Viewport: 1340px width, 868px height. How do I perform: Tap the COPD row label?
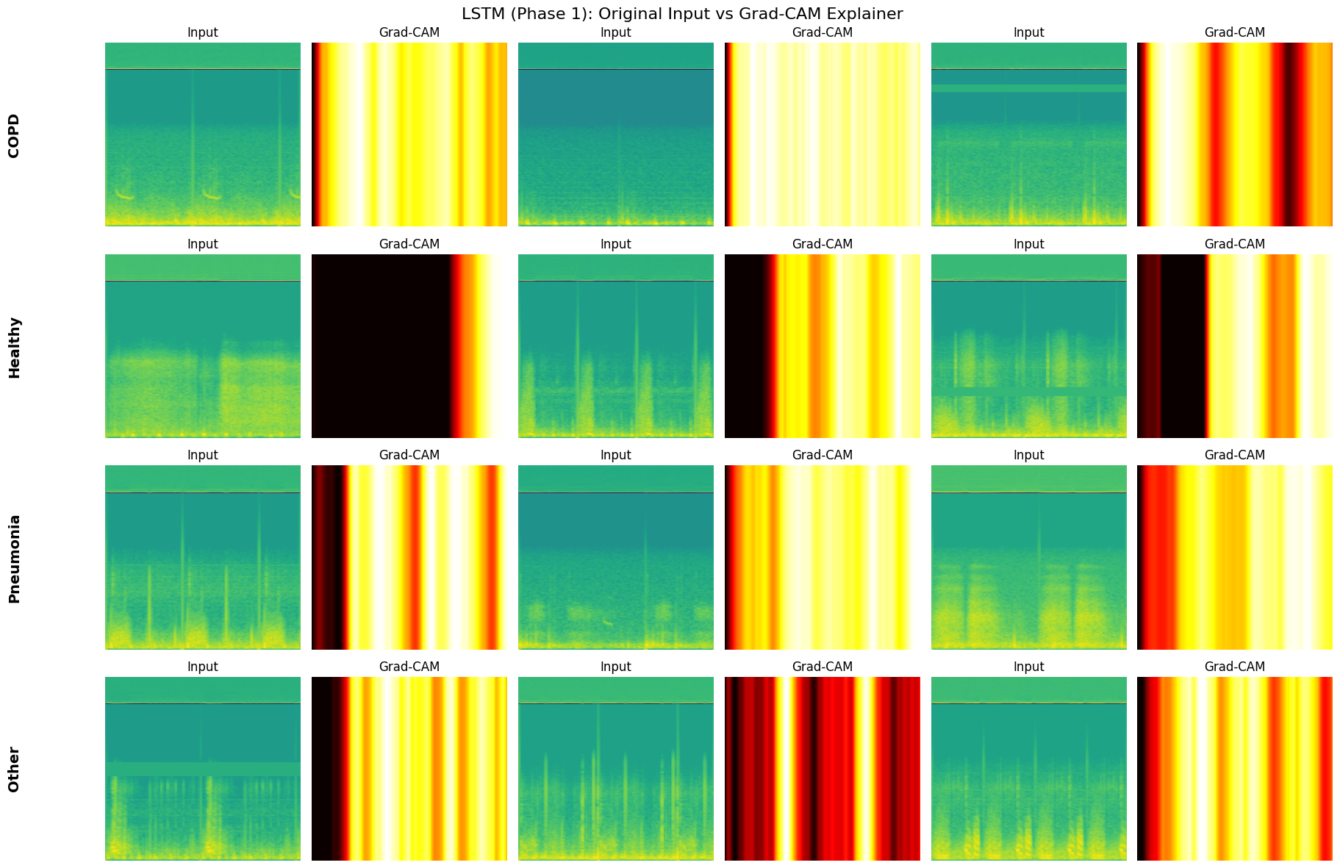pyautogui.click(x=14, y=135)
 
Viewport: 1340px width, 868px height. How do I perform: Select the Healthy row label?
pyautogui.click(x=14, y=347)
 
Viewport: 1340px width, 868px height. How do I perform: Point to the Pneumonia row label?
pyautogui.click(x=14, y=559)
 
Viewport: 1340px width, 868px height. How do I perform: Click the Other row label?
pyautogui.click(x=14, y=770)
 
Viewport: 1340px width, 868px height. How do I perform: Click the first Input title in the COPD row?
pyautogui.click(x=202, y=32)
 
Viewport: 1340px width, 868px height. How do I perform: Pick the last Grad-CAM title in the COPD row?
pyautogui.click(x=1234, y=32)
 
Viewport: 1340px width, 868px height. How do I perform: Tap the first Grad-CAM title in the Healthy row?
pyautogui.click(x=409, y=244)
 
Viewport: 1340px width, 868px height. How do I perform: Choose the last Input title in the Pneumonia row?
pyautogui.click(x=1028, y=455)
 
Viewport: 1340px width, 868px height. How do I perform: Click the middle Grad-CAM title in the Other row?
pyautogui.click(x=822, y=667)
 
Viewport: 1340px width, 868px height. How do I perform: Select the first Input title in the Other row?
pyautogui.click(x=202, y=667)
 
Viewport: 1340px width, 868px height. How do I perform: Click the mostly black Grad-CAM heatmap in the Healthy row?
pyautogui.click(x=409, y=346)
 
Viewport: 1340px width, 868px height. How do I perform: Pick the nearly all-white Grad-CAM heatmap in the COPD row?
pyautogui.click(x=822, y=134)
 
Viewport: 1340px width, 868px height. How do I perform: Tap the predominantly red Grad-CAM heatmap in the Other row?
pyautogui.click(x=822, y=769)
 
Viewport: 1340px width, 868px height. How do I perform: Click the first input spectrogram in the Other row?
pyautogui.click(x=202, y=769)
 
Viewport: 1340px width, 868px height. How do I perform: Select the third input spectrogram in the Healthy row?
pyautogui.click(x=1028, y=346)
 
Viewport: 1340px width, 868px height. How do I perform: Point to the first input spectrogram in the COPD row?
pyautogui.click(x=202, y=134)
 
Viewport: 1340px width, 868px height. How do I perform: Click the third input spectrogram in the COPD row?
pyautogui.click(x=1028, y=134)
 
